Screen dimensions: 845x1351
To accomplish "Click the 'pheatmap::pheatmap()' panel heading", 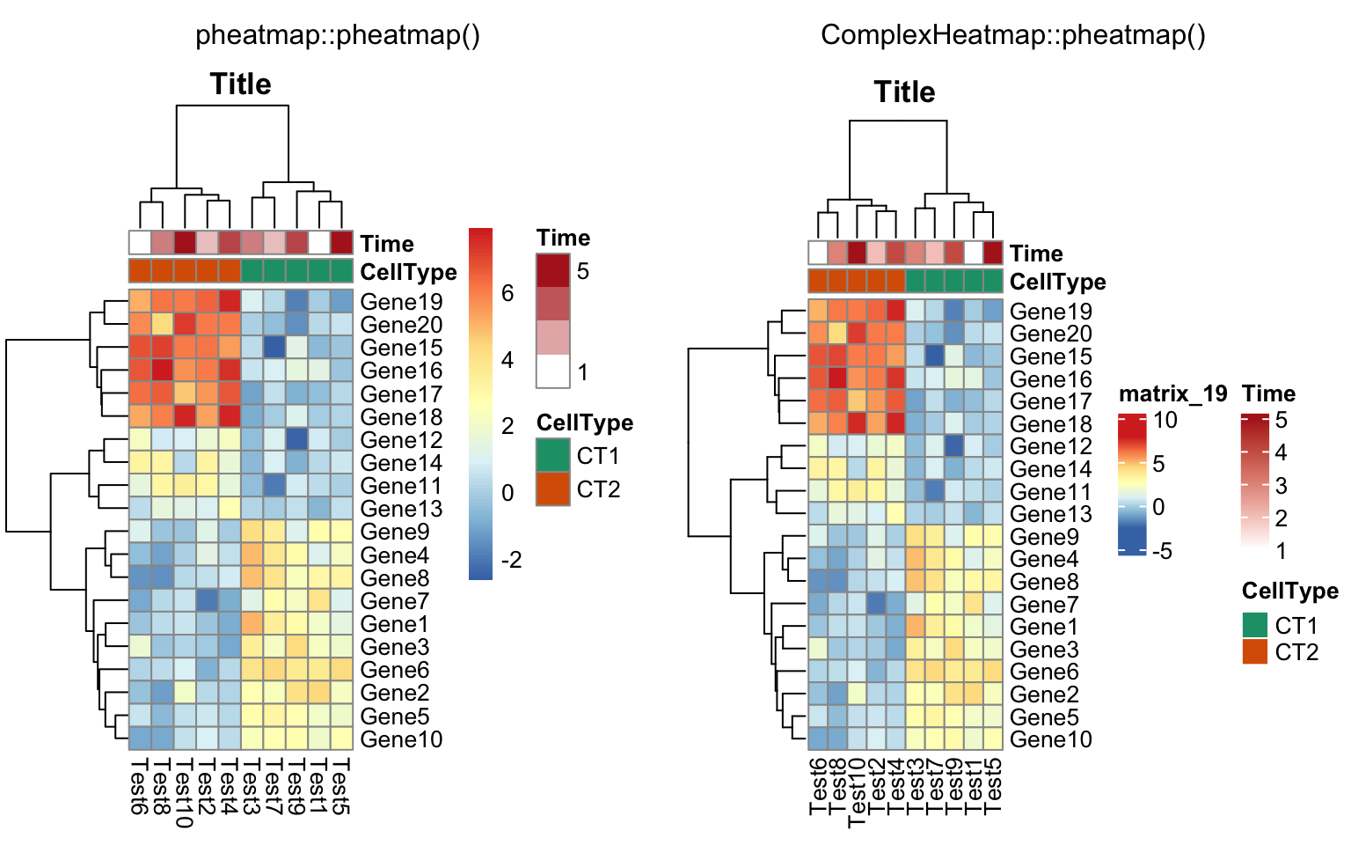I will (x=338, y=35).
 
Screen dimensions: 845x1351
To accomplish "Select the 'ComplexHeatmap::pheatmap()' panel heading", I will (x=1013, y=35).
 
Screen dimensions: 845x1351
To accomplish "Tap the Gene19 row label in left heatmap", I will (x=401, y=302).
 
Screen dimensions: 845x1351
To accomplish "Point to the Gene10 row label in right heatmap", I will (x=1050, y=739).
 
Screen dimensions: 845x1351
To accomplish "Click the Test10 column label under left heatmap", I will (x=184, y=792).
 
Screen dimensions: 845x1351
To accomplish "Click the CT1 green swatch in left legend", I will (x=553, y=456).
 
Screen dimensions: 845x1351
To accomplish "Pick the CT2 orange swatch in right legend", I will (x=1255, y=652).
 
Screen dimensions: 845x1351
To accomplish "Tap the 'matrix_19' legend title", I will (x=1172, y=393).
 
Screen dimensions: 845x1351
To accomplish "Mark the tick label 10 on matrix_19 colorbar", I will (x=1165, y=421).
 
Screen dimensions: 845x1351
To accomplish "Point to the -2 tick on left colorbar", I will (x=510, y=560).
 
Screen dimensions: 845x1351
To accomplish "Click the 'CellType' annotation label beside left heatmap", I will (x=408, y=272).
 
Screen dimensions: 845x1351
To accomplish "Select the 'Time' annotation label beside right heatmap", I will (x=1036, y=253).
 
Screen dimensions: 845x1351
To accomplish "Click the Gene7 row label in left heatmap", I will (x=394, y=601).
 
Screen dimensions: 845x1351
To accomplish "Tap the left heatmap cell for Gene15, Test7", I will (x=274, y=347).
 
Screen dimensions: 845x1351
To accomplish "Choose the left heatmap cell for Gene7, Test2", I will (x=208, y=600).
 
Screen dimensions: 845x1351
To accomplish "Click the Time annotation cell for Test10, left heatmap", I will (x=185, y=242).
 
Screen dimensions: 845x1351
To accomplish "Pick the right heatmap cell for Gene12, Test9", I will (x=954, y=445).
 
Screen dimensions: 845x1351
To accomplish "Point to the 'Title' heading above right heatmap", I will (x=904, y=92).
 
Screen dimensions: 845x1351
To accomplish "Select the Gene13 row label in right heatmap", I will (x=1050, y=514).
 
